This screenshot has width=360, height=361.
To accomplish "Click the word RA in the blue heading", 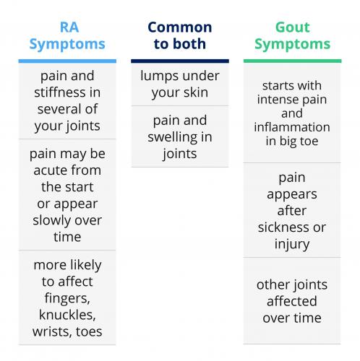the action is pos(69,27).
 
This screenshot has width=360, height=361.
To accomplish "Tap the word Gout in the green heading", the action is pos(292,27).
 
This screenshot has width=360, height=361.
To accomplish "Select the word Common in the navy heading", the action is pos(180,27).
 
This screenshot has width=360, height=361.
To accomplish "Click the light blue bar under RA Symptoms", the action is pos(67,61).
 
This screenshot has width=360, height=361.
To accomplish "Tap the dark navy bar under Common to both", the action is pos(180,61).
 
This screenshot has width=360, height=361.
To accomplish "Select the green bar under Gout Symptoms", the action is pos(292,61).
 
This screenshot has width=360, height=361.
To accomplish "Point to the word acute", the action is pos(47,170).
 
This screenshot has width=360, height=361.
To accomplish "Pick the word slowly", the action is pos(53,220).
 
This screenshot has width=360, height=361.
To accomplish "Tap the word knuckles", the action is pos(67,315).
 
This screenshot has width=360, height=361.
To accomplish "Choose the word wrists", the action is pos(51,331).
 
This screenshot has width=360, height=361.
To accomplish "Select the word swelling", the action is pos(173,138).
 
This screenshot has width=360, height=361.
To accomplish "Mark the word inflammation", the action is pos(292,127).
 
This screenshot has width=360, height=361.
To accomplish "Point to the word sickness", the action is pos(283,227).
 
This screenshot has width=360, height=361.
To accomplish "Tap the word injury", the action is pos(292,245).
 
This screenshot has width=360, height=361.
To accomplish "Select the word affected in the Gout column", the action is pos(292,301).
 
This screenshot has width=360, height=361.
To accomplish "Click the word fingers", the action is pos(67,298).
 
